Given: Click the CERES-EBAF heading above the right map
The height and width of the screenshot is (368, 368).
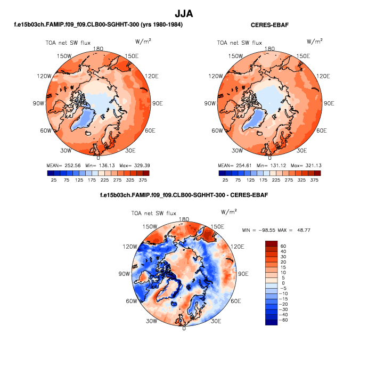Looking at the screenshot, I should tap(269, 25).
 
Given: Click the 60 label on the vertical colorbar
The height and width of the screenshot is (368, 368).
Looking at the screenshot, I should tap(283, 247).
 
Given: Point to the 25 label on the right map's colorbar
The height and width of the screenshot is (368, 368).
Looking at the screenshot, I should tap(225, 181).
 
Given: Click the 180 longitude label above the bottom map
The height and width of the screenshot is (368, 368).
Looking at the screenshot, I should tap(184, 219).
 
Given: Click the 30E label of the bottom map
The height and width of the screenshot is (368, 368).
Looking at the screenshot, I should tap(216, 321).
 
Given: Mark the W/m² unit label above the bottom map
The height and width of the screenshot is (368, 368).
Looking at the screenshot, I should tap(228, 211).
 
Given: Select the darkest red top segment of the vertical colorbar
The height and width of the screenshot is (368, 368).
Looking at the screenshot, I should tap(271, 243).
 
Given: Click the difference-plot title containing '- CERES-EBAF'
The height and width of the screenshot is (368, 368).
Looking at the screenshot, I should tap(184, 195).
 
